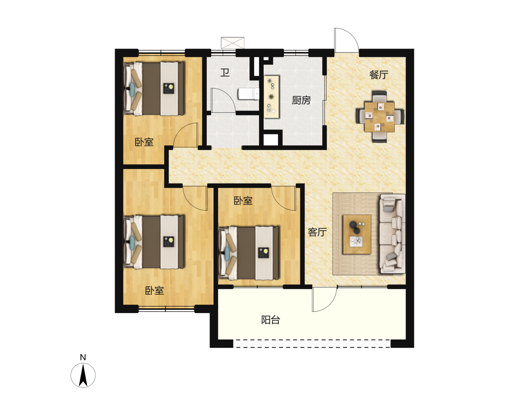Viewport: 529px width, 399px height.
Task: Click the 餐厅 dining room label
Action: tap(379, 75)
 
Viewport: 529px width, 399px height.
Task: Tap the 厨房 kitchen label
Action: tap(301, 100)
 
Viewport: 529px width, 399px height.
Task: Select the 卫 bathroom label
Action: tap(225, 72)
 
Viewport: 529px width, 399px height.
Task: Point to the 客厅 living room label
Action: tap(317, 232)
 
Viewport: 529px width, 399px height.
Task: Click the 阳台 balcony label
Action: tap(270, 320)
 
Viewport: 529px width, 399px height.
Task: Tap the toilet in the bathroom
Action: tap(248, 94)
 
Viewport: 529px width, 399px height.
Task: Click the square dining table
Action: tap(379, 117)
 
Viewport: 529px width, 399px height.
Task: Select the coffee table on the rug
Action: tap(357, 234)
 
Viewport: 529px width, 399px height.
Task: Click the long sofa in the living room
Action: tap(392, 233)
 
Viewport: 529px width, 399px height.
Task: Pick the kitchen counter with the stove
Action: tap(271, 97)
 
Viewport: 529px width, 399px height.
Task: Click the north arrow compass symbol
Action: tap(83, 375)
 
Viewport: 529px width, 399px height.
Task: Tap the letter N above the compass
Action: tap(83, 357)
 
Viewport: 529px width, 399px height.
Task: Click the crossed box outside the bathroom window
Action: tap(232, 43)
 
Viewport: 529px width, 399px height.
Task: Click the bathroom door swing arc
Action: tap(229, 94)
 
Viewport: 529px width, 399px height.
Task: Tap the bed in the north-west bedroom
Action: tap(154, 89)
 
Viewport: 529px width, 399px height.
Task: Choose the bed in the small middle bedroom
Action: tap(248, 253)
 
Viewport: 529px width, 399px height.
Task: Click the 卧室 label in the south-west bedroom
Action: tap(154, 291)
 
